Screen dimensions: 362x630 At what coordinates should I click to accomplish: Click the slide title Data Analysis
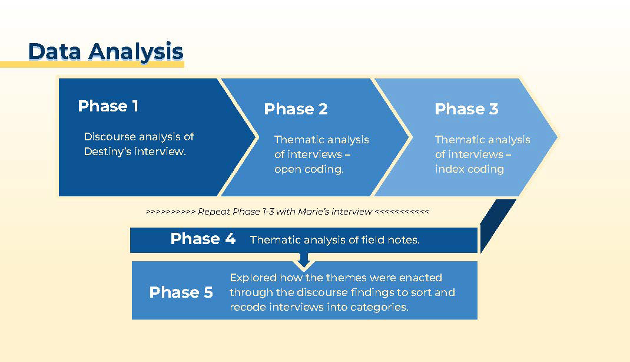coord(105,51)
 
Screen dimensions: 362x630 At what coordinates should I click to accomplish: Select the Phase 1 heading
coord(108,106)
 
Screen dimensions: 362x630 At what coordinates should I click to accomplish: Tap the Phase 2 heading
coord(296,109)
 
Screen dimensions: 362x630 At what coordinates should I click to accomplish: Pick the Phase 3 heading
coord(466,109)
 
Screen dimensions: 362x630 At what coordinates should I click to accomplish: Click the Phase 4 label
coord(203,239)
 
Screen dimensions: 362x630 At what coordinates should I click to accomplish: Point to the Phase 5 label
coord(181,292)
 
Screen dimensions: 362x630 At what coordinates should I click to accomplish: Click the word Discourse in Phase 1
coord(110,137)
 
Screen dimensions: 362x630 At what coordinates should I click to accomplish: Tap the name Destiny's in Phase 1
coord(107,152)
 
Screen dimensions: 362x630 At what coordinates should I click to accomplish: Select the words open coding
coord(309,169)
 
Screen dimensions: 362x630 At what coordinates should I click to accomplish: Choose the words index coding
coord(469,169)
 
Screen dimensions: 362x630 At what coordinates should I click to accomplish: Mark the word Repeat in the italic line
coord(214,212)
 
